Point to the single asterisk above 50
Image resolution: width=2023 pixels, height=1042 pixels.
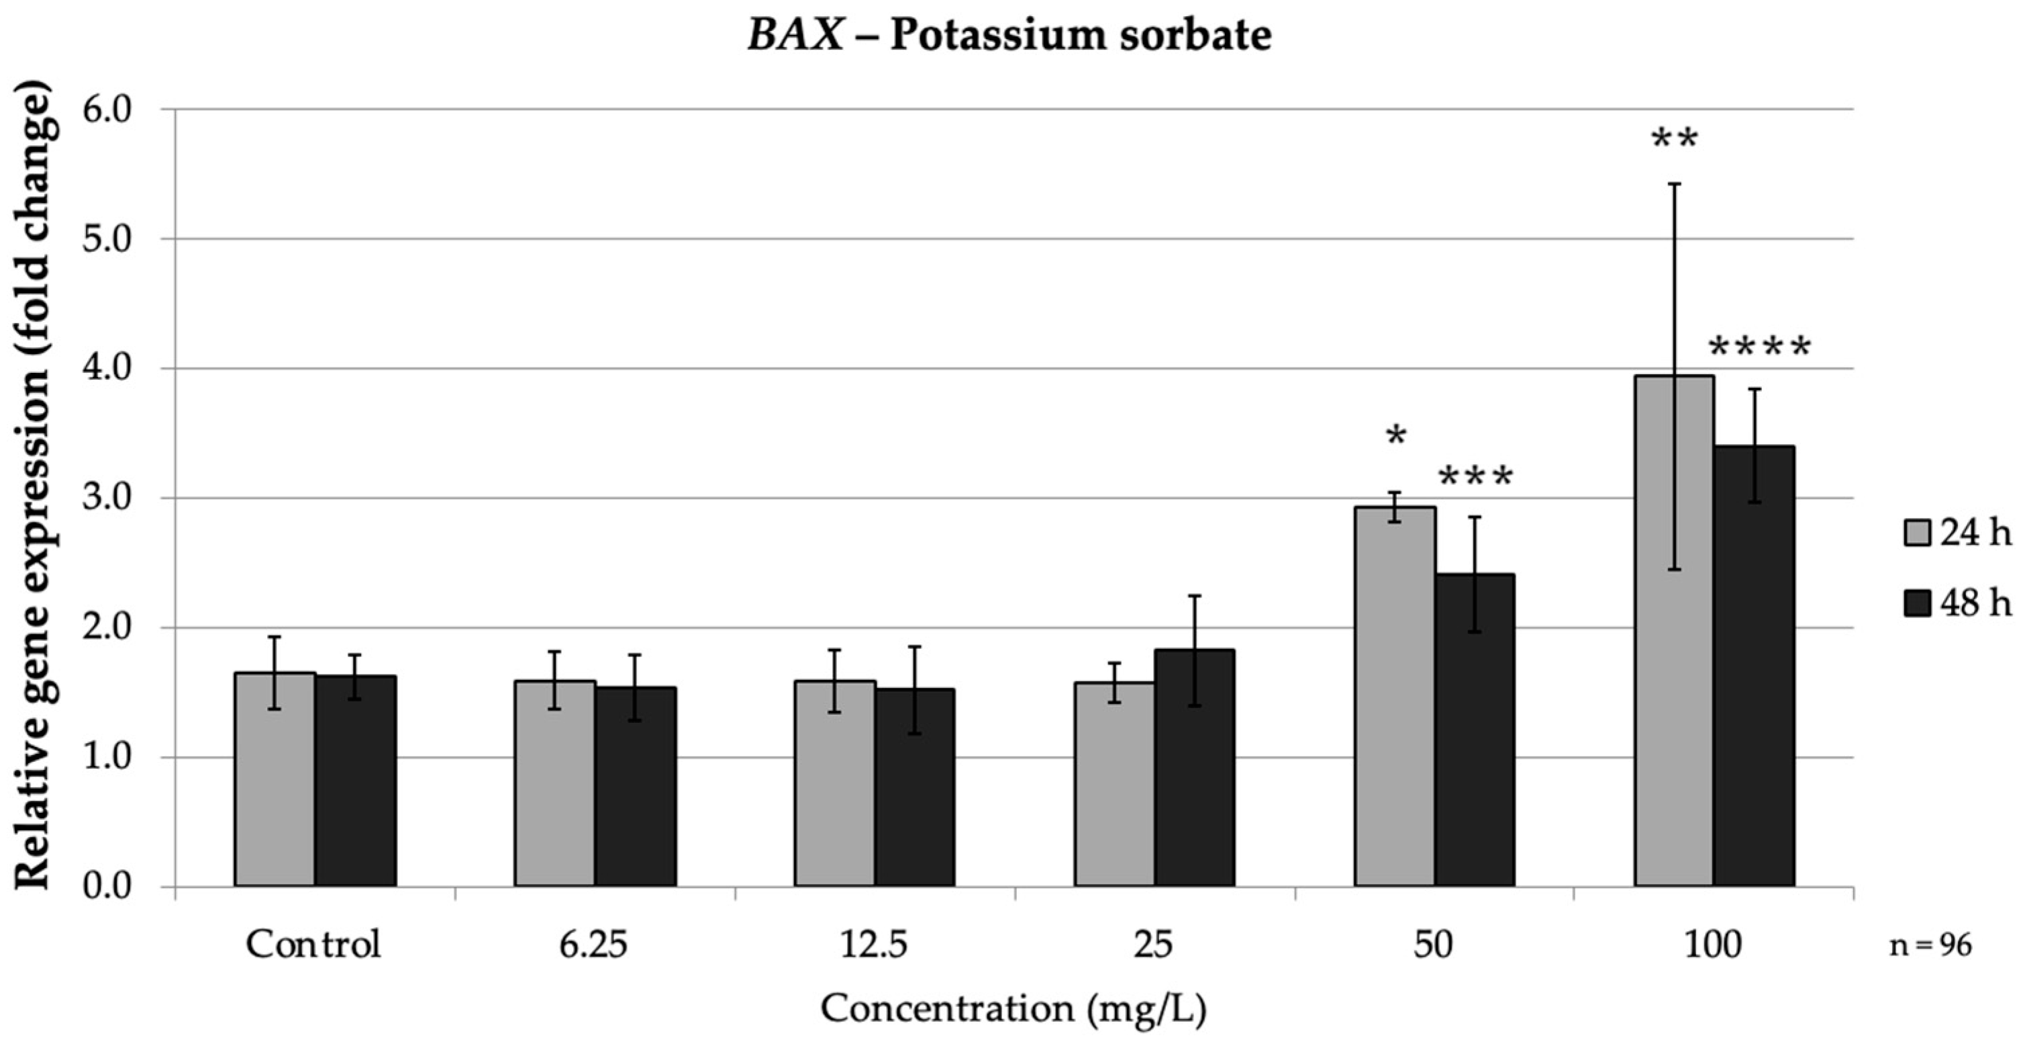click(1395, 437)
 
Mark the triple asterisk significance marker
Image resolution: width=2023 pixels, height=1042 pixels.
click(1475, 478)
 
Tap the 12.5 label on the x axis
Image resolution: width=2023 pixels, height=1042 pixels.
click(874, 944)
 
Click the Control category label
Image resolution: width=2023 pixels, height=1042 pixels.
click(313, 944)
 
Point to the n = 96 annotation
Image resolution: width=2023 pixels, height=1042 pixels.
click(1930, 946)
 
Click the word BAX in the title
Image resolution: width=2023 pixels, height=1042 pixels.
click(795, 36)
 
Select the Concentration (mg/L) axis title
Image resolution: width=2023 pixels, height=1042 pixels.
click(1013, 1008)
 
